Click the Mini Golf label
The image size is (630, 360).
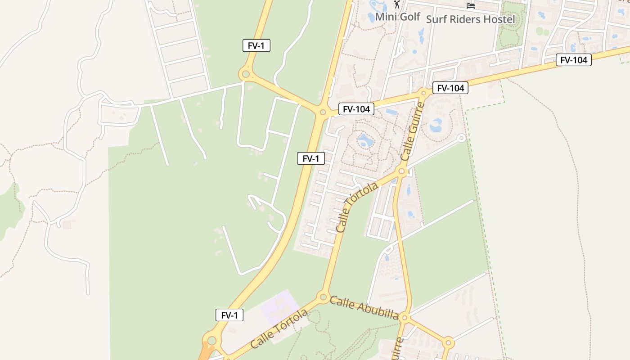(x=397, y=17)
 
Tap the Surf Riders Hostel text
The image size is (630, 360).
(x=470, y=19)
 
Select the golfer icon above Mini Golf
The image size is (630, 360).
(x=396, y=4)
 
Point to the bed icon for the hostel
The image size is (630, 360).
(x=471, y=6)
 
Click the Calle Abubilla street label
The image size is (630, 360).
(x=364, y=307)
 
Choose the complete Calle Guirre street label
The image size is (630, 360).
(x=413, y=131)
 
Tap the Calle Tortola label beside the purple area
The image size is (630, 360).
(x=279, y=328)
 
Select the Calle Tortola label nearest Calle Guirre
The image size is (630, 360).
(x=357, y=207)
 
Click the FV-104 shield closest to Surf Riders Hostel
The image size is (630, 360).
(x=573, y=60)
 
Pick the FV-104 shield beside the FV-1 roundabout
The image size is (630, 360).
(x=356, y=109)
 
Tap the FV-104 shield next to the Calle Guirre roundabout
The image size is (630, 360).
(x=450, y=88)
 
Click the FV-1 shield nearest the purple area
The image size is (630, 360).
(x=229, y=315)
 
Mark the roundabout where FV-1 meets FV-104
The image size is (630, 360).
(x=323, y=112)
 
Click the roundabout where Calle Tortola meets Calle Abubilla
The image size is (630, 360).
(x=323, y=297)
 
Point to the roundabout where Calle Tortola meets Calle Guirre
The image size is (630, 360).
(x=402, y=171)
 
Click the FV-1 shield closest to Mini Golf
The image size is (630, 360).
(x=256, y=46)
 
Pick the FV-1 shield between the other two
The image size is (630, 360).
(x=310, y=158)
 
